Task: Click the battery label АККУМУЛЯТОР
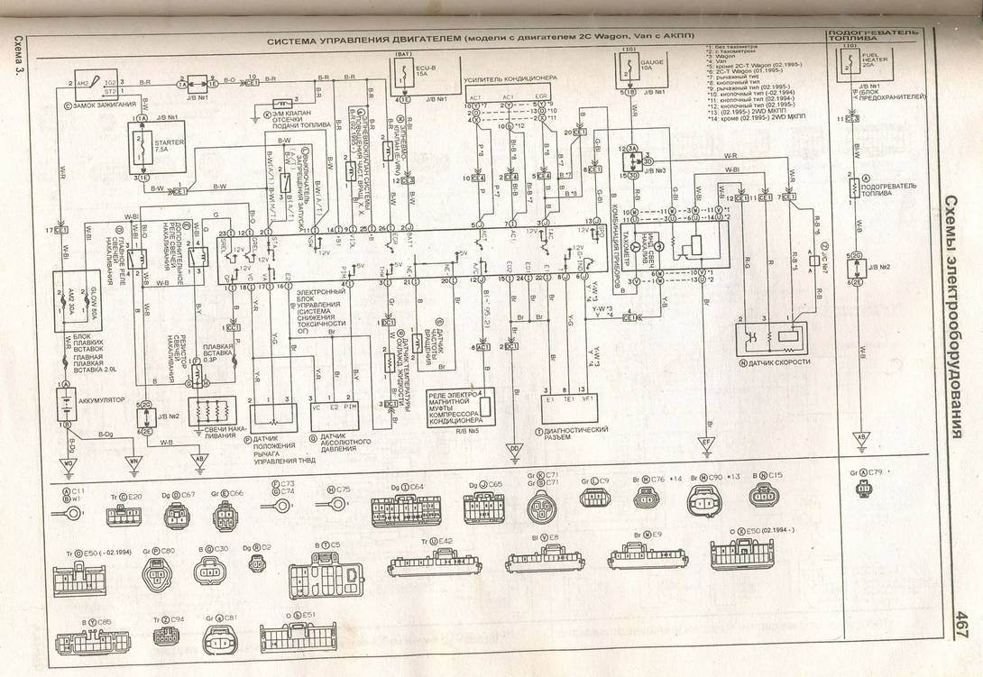101,399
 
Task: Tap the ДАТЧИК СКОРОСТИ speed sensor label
774,362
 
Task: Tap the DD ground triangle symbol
513,448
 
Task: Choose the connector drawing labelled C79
867,488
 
